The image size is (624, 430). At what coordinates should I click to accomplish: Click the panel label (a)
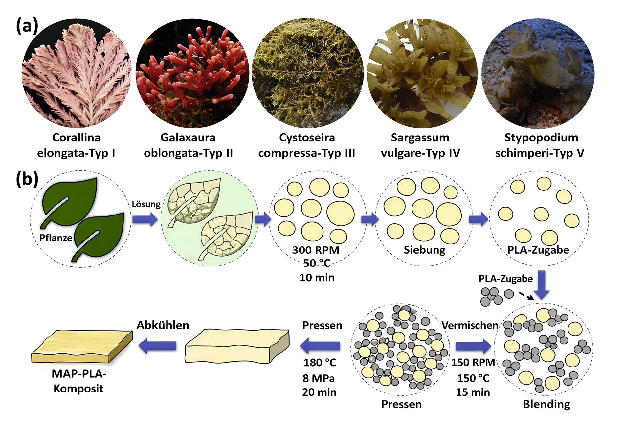click(27, 26)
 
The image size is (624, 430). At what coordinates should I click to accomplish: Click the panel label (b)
click(27, 179)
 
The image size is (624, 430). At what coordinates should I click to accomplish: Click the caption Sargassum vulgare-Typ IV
click(420, 145)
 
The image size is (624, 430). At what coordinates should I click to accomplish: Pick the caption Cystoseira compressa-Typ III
click(307, 145)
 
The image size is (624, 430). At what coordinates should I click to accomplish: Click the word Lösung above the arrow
click(146, 204)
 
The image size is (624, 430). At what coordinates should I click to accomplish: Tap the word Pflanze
click(56, 238)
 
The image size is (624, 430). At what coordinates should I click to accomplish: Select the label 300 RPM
click(316, 250)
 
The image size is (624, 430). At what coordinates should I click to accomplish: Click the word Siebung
click(424, 250)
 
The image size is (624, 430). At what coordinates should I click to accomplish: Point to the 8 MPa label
click(318, 378)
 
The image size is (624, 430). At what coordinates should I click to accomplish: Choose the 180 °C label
click(320, 363)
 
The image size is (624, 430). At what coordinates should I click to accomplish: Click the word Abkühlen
click(163, 325)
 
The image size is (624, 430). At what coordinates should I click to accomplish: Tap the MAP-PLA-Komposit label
click(79, 381)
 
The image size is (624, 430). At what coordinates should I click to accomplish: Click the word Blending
click(546, 404)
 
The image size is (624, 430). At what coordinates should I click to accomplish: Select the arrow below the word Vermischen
click(473, 346)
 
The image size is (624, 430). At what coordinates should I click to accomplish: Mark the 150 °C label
click(473, 378)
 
